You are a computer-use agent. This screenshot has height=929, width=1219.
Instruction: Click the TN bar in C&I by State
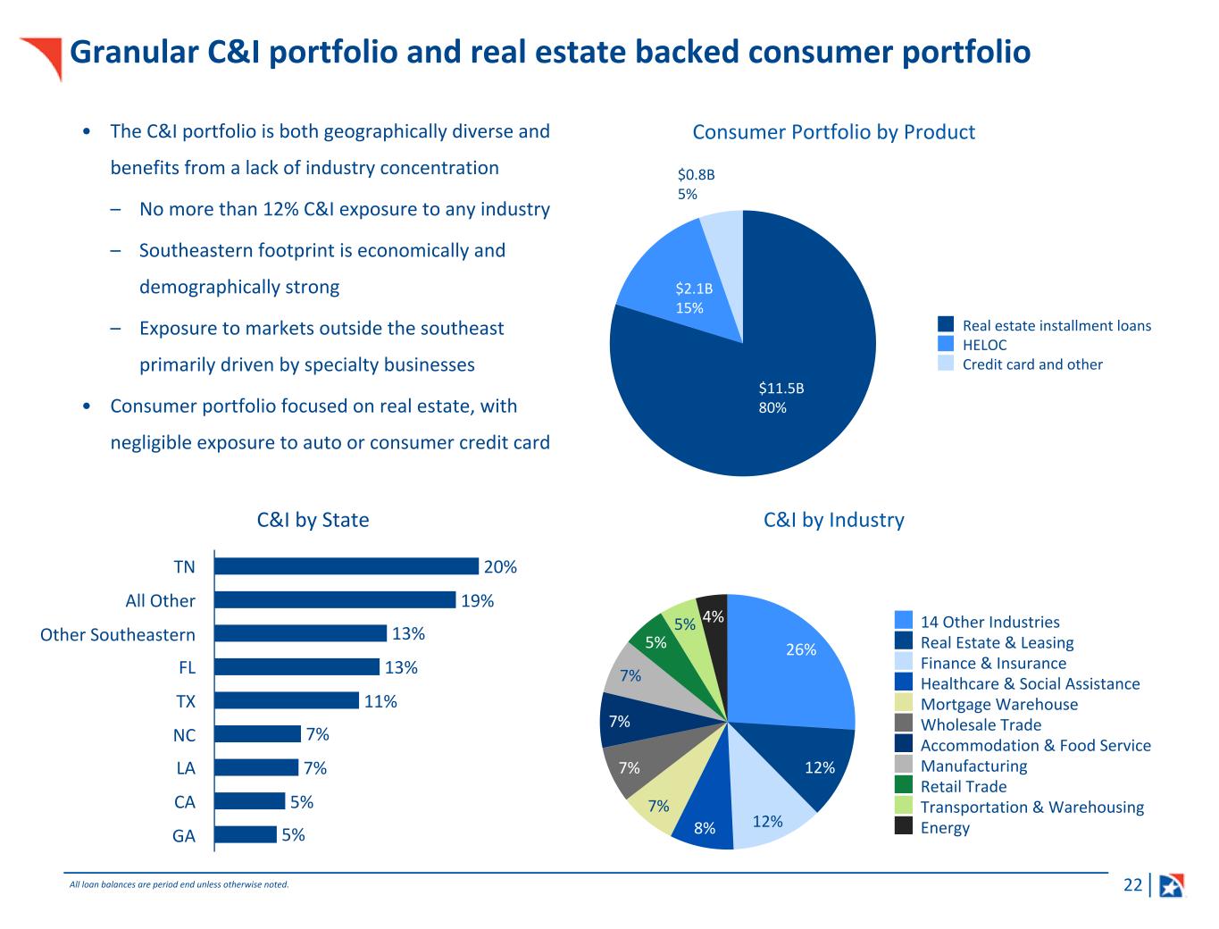click(346, 566)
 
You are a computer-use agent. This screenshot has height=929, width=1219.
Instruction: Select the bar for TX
click(287, 700)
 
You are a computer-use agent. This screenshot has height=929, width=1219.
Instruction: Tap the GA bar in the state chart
click(246, 834)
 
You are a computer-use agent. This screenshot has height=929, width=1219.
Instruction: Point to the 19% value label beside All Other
click(478, 601)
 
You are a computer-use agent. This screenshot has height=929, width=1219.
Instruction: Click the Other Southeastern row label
click(118, 635)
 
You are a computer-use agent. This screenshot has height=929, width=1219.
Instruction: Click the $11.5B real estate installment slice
click(768, 393)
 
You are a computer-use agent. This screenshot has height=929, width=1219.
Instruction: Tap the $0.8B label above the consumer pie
click(696, 175)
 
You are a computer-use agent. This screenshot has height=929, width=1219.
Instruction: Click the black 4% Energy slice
click(713, 613)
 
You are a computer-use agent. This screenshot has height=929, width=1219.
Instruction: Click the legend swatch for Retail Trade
click(904, 786)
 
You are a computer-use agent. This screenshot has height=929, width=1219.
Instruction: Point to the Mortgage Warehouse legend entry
click(998, 704)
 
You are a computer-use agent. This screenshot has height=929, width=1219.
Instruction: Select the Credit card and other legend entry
click(1031, 364)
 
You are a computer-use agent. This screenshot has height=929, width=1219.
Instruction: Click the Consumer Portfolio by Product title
click(833, 132)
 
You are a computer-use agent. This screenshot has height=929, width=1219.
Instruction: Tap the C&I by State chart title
click(313, 520)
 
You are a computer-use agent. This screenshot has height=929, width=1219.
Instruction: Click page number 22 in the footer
click(1132, 885)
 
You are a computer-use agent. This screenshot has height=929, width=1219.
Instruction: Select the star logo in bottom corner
click(1171, 885)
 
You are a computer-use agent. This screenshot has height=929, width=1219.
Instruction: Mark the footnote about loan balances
click(180, 885)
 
